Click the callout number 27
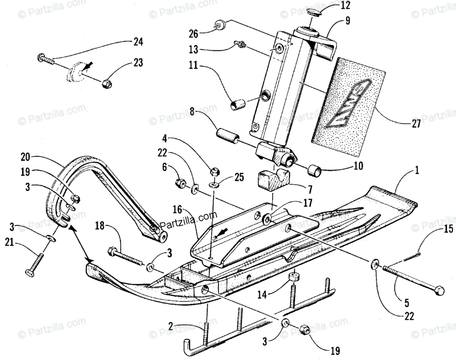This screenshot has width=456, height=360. [x=416, y=124]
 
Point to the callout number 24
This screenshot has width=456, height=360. [x=138, y=43]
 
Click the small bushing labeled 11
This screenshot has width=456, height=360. [x=237, y=103]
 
